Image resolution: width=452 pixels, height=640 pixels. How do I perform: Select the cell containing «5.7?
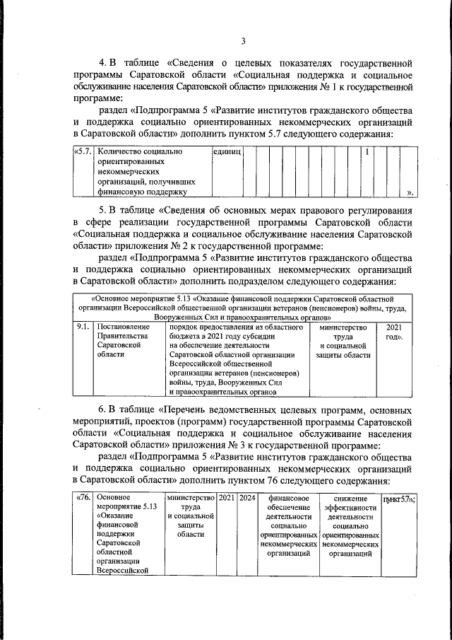(83, 151)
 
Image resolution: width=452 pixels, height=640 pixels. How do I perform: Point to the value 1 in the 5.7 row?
(367, 151)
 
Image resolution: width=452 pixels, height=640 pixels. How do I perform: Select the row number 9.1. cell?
(83, 328)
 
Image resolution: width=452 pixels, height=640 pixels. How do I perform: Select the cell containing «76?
(83, 499)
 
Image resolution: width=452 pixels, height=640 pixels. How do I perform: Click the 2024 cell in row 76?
(247, 499)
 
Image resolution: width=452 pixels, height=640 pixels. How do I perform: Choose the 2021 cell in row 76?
(227, 499)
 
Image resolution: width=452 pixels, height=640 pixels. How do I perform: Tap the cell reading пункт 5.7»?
(398, 499)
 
